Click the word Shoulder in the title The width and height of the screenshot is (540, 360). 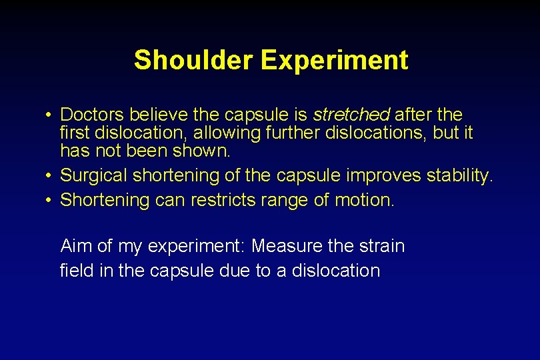(193, 60)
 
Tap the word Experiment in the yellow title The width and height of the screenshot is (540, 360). (335, 60)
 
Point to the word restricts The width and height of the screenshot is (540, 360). (222, 200)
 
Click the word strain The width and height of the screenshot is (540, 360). (382, 246)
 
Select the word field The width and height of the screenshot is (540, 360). (75, 271)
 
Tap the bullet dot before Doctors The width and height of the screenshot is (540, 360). (50, 115)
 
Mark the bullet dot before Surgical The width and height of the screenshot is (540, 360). (50, 176)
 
